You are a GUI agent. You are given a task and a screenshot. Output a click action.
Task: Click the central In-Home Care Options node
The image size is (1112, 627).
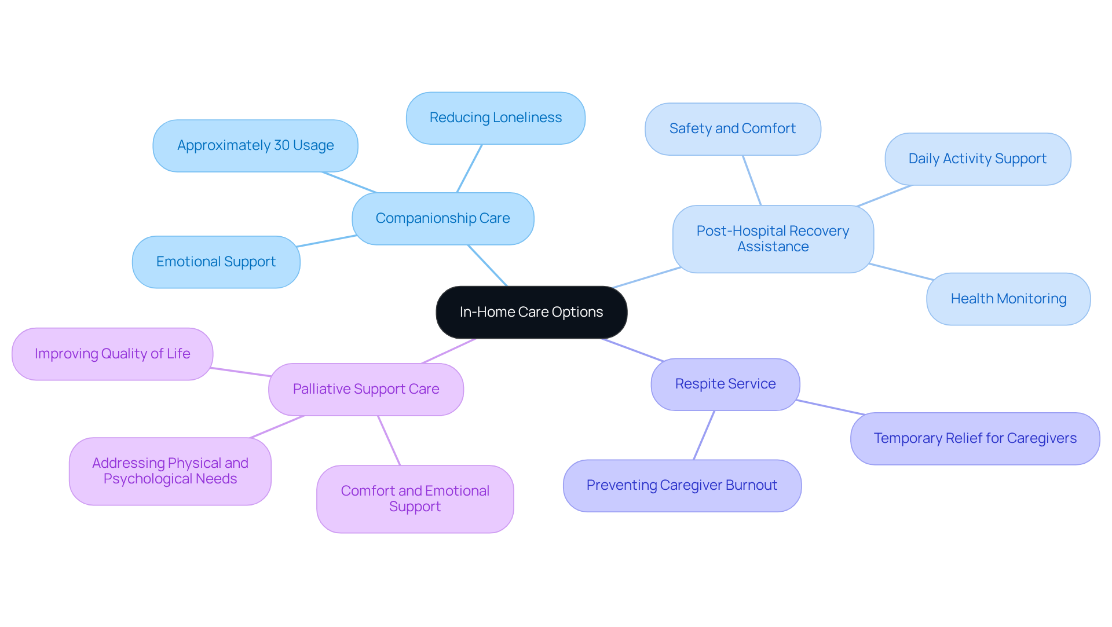531,312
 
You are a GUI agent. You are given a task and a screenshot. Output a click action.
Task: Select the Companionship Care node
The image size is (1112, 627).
442,218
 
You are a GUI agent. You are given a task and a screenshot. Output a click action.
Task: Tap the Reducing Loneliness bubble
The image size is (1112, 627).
495,118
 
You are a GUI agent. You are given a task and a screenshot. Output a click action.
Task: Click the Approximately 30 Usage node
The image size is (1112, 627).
255,145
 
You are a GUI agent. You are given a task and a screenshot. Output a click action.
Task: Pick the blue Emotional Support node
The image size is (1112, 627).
215,262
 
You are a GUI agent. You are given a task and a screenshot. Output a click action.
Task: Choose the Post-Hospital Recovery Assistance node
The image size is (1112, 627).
773,239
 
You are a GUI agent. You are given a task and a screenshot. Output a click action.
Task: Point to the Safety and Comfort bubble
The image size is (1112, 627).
732,129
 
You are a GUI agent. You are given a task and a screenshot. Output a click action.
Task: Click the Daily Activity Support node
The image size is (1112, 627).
977,159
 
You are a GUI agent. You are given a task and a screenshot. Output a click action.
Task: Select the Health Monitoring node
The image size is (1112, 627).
1008,299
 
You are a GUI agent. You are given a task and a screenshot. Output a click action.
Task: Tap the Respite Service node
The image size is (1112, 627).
725,384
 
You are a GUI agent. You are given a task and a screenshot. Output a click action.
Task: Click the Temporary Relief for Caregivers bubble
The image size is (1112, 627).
975,438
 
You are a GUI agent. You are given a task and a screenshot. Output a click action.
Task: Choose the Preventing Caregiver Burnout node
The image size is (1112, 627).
682,485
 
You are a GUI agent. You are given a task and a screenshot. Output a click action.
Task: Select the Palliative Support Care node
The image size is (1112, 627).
365,389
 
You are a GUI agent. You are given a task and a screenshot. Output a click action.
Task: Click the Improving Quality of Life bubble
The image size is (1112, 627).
112,354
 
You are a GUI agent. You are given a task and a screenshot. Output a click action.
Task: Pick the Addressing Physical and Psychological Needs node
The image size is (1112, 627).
170,471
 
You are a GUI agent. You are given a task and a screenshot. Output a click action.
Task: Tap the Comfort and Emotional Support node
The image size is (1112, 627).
415,498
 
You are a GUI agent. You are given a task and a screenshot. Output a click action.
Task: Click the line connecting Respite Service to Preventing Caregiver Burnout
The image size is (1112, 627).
704,435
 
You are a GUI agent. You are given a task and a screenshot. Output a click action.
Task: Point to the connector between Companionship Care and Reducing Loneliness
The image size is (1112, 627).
469,168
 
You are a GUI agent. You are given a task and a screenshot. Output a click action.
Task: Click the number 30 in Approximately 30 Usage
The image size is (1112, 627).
281,145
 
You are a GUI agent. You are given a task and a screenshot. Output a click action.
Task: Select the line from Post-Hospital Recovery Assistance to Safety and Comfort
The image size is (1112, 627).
752,180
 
